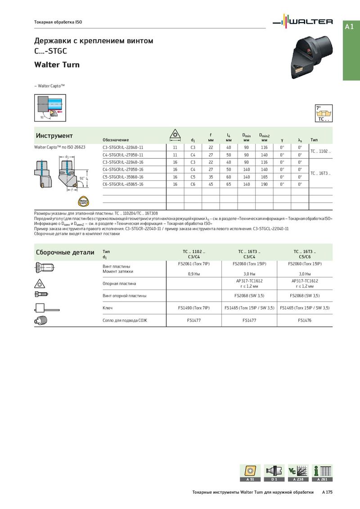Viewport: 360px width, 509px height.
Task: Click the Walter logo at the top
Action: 304,22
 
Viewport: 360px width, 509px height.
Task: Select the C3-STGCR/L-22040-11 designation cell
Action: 123,147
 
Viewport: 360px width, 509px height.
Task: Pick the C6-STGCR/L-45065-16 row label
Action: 123,184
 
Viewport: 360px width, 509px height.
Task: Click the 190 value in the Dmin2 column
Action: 264,184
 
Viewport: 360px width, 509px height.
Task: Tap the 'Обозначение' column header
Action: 116,140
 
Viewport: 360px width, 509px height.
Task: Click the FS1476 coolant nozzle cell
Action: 305,321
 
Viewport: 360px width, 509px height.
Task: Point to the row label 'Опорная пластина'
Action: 119,284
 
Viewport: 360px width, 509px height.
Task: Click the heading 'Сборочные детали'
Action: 65,252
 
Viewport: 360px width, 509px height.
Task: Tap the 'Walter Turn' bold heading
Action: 57,65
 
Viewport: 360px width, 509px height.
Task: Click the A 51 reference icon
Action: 250,473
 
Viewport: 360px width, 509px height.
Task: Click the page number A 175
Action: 327,492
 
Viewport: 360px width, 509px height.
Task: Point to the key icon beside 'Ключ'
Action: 45,308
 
